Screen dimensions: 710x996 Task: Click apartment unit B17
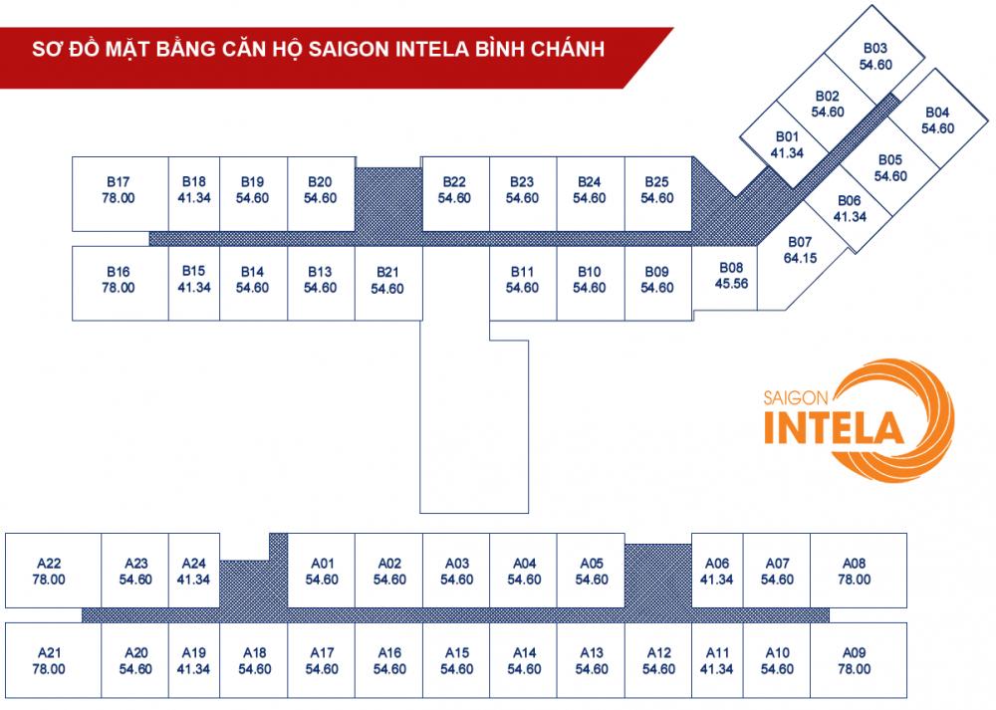tap(119, 190)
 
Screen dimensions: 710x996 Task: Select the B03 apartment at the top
tap(875, 56)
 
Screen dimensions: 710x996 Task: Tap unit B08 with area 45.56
tap(732, 276)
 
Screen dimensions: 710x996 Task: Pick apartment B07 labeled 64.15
tap(800, 250)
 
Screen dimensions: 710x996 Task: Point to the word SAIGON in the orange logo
tap(797, 395)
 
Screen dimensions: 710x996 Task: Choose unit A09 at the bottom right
tap(854, 660)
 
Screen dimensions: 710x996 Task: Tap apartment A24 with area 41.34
tap(193, 571)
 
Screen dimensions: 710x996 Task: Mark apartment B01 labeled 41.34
tap(787, 144)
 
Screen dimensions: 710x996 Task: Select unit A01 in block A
tap(321, 571)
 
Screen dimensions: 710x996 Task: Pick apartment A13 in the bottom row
tap(592, 660)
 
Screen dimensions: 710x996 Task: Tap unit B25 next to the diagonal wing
tap(657, 190)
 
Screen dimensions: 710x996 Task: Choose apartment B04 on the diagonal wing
tap(937, 119)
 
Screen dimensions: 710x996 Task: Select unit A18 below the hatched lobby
tap(255, 660)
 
